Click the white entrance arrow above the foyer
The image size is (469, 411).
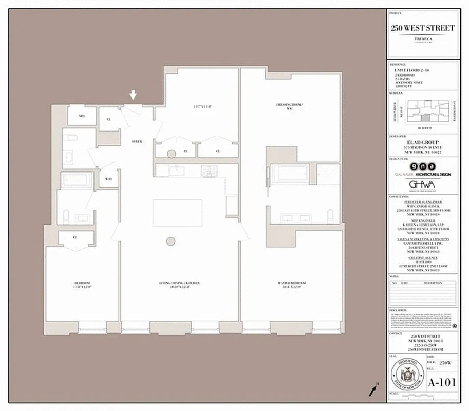pyautogui.click(x=133, y=95)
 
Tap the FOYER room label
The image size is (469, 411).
pyautogui.click(x=137, y=141)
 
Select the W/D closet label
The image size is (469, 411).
pyautogui.click(x=109, y=179)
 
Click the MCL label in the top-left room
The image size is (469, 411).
pyautogui.click(x=82, y=116)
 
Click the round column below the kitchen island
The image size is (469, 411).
pyautogui.click(x=171, y=241)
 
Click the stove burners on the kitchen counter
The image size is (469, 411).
pyautogui.click(x=209, y=171)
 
